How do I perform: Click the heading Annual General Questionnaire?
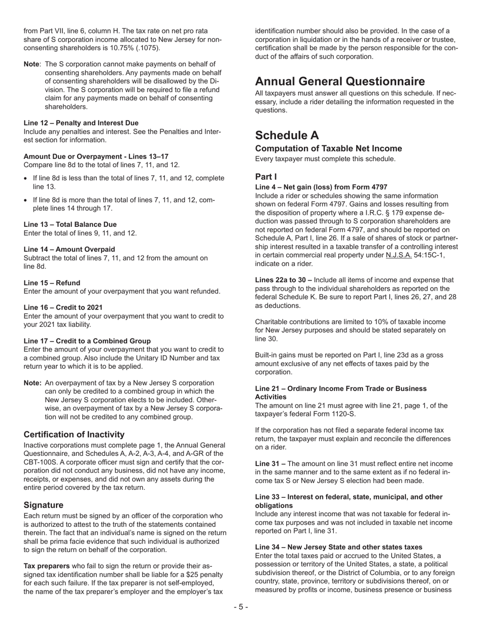click(x=340, y=82)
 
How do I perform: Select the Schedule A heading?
click(x=287, y=135)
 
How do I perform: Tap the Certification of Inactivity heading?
click(x=74, y=434)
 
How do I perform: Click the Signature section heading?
click(x=44, y=505)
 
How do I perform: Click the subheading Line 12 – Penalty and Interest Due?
click(x=81, y=123)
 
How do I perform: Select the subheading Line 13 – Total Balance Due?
click(x=70, y=224)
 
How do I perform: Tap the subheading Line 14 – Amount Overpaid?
click(x=69, y=249)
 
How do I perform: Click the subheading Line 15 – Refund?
click(x=52, y=283)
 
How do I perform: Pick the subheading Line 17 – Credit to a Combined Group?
click(x=87, y=341)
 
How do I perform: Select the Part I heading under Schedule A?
click(x=265, y=177)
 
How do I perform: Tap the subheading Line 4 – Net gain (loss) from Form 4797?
click(x=321, y=187)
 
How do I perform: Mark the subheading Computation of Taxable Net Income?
click(x=328, y=148)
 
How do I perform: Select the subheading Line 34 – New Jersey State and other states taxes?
click(x=338, y=547)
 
